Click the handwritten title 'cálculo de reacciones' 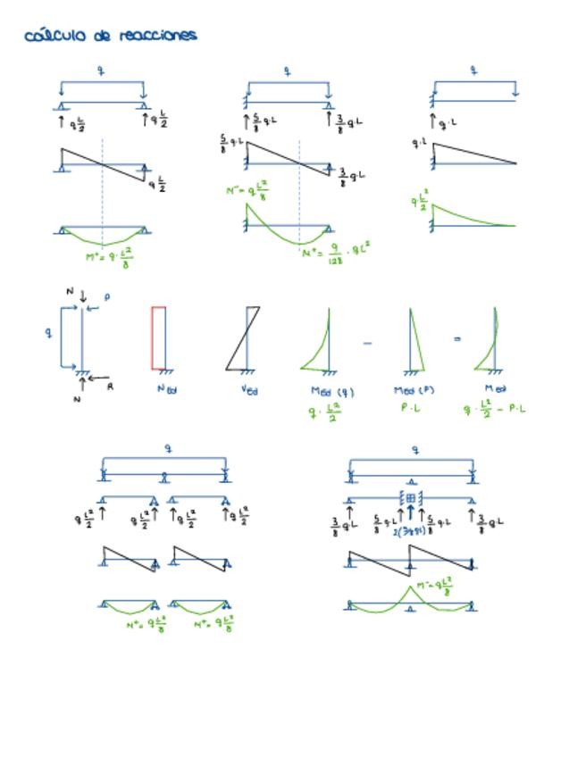coord(111,36)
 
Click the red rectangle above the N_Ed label coord(158,337)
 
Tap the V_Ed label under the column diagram coord(251,389)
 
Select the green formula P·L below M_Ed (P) coord(412,408)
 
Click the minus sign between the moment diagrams coord(368,341)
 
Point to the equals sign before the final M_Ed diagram coord(456,339)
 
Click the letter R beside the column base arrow coord(110,387)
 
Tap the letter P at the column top coord(107,297)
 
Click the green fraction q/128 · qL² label coord(336,251)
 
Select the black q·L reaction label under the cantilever coord(447,122)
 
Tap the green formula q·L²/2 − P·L coord(495,408)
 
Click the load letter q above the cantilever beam coord(473,69)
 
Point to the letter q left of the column coord(49,332)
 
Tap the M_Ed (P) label coord(414,390)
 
